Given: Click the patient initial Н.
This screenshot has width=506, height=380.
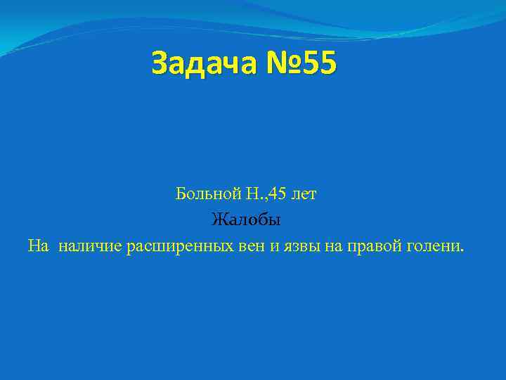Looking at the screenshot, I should [x=252, y=194].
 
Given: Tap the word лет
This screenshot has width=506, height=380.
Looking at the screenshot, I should [x=303, y=194].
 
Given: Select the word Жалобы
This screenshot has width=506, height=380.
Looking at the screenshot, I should [x=246, y=221].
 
